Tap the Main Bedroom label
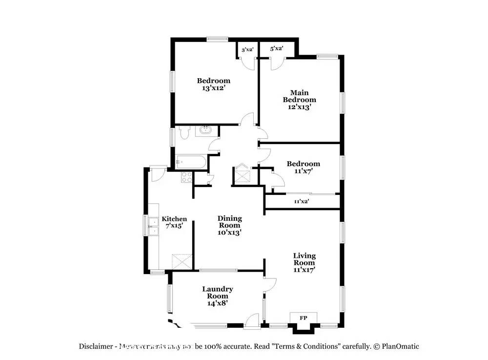click(x=300, y=96)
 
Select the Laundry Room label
click(x=218, y=292)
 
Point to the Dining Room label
click(x=229, y=222)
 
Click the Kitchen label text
click(x=174, y=219)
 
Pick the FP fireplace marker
click(x=303, y=318)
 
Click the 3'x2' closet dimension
click(x=247, y=49)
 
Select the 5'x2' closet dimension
click(x=277, y=48)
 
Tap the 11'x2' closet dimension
click(x=301, y=201)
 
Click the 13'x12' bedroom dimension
click(x=213, y=88)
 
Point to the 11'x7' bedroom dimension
click(x=303, y=171)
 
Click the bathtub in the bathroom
click(x=190, y=162)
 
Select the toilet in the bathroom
click(x=183, y=132)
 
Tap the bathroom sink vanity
click(x=206, y=131)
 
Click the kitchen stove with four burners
click(x=186, y=177)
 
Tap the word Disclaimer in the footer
click(x=96, y=346)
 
